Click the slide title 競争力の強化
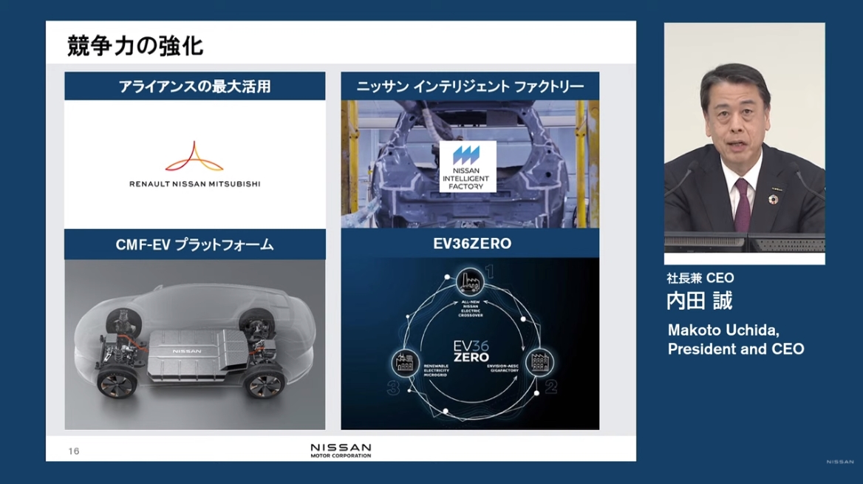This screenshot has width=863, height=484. click(135, 46)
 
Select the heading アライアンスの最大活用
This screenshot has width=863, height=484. click(194, 86)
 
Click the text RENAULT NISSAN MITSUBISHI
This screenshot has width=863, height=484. click(194, 183)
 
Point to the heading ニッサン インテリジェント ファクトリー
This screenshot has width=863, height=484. click(470, 86)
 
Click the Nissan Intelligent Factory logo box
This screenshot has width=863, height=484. click(468, 166)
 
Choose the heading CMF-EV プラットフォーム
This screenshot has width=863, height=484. click(194, 245)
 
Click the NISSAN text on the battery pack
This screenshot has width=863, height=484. click(186, 352)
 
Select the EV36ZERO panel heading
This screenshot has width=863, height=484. click(470, 244)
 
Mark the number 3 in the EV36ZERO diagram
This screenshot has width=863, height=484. click(394, 386)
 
